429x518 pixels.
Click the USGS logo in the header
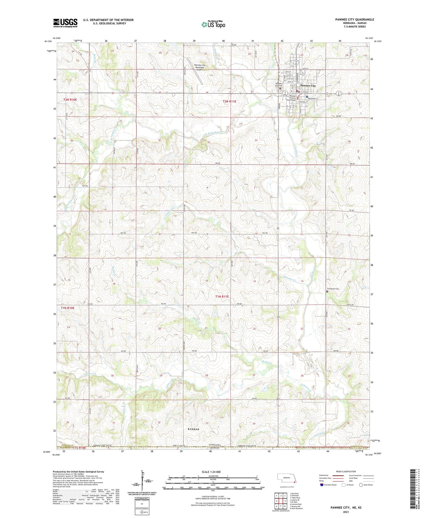coord(65,23)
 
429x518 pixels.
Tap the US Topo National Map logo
coord(213,24)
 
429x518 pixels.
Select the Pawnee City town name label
coord(308,85)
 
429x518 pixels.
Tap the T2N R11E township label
coord(229,101)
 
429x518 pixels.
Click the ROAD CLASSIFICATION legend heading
coord(346,471)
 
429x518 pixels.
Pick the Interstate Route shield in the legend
coord(322,485)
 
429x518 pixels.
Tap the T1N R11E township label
coord(222,296)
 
